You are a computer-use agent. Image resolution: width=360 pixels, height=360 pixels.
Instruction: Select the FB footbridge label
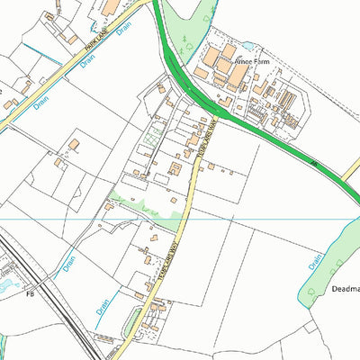[30, 293]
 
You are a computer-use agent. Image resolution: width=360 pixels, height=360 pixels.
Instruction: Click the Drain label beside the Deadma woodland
[315, 262]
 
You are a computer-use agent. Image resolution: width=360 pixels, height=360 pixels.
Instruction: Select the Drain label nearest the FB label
[70, 265]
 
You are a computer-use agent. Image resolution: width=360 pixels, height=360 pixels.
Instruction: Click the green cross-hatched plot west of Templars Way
[154, 140]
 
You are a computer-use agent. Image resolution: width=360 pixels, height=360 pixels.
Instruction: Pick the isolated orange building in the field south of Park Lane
[73, 144]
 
